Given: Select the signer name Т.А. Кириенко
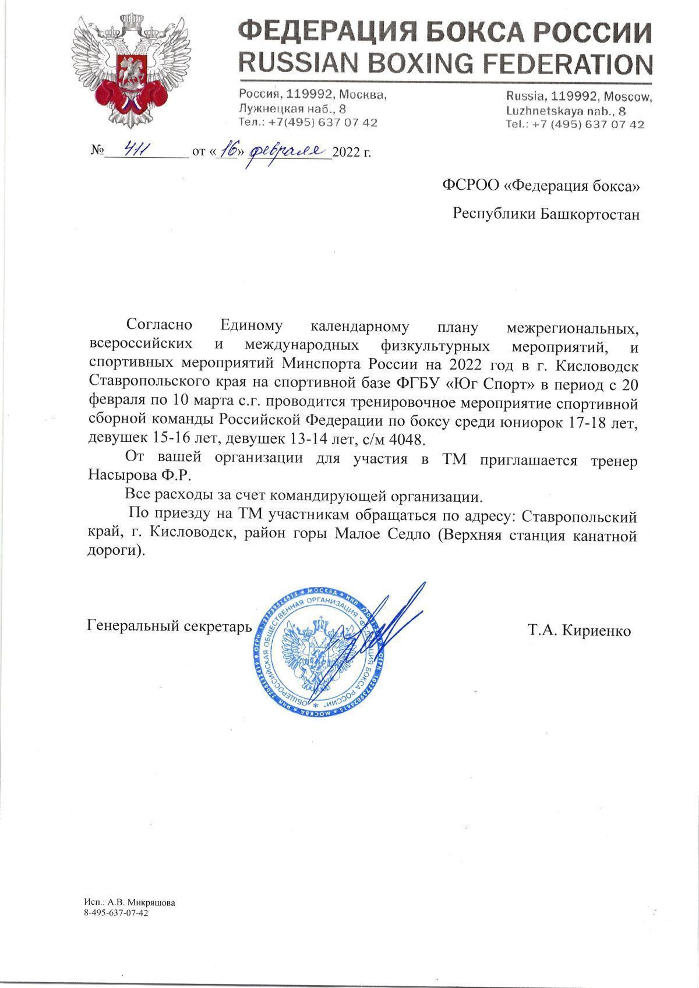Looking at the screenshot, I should point(579,631).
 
